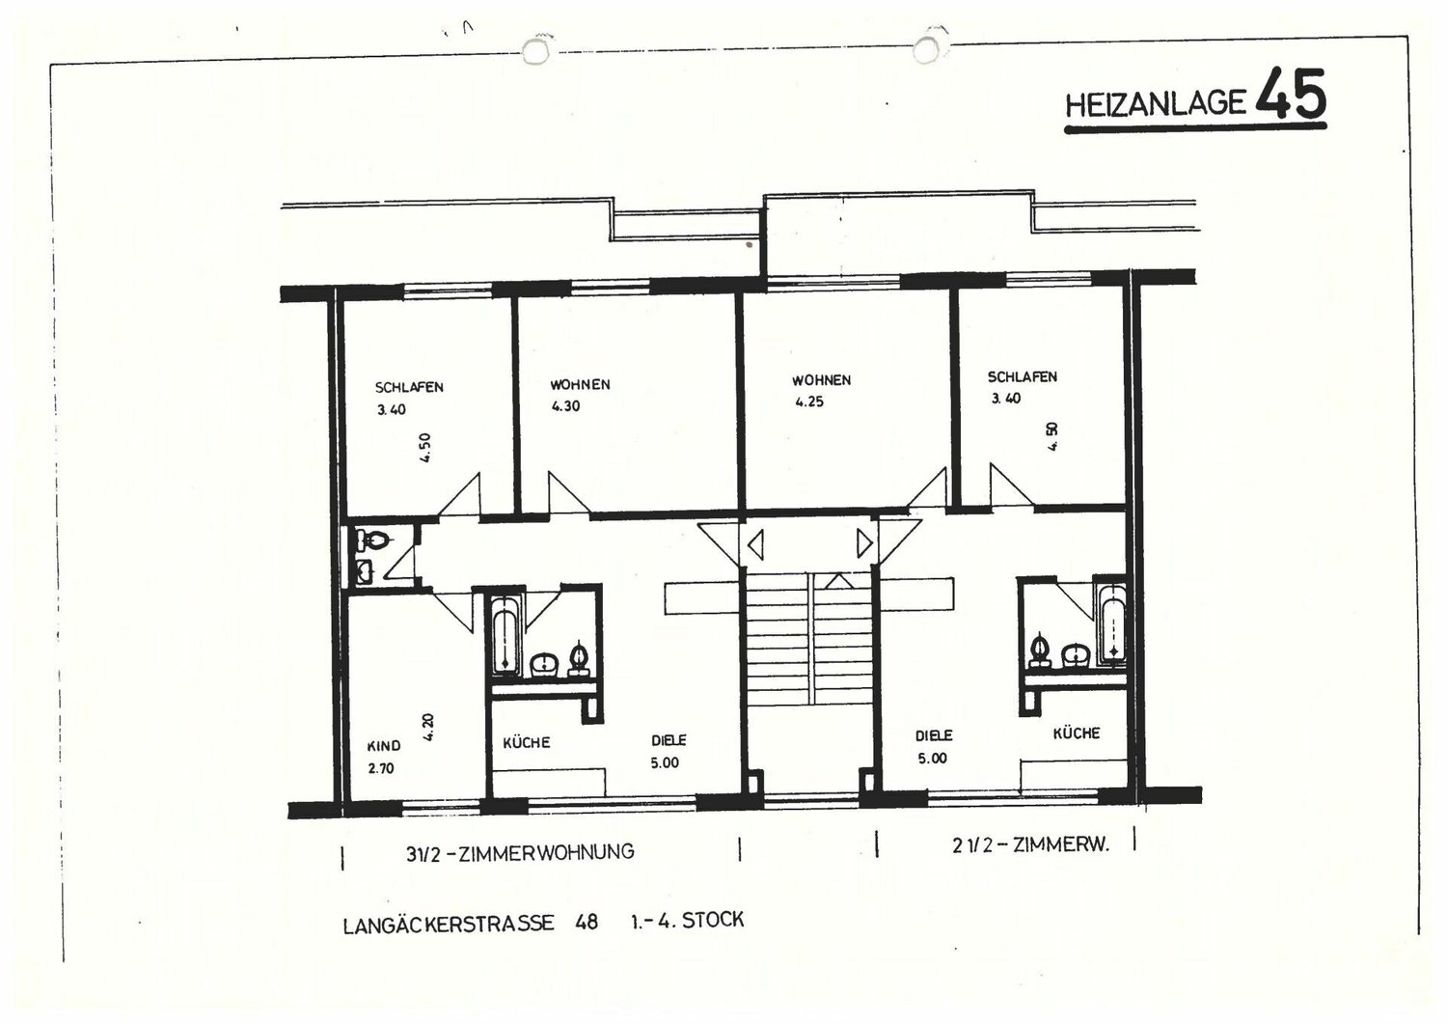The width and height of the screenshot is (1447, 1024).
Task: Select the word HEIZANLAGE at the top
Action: [1155, 104]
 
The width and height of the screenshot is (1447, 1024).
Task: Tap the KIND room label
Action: [384, 746]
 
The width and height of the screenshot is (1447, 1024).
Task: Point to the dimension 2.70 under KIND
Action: [381, 768]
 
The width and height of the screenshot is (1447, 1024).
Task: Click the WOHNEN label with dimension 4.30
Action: [580, 385]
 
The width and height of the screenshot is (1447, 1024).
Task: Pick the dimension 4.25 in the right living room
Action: [808, 401]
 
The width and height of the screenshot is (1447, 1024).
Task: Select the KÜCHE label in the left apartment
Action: [527, 743]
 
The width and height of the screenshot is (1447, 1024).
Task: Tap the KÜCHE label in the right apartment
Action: [1077, 733]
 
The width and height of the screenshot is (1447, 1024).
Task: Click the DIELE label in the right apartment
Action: [934, 735]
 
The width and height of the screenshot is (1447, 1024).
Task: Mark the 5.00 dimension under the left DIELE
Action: [665, 762]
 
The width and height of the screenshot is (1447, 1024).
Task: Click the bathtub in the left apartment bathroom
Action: [505, 635]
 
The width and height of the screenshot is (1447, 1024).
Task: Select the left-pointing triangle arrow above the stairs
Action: [755, 543]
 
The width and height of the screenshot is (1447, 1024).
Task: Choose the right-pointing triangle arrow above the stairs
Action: [864, 543]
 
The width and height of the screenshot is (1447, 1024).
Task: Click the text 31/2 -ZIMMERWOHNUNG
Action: [520, 852]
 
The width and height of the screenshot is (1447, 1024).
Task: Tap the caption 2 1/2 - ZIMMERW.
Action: [1030, 844]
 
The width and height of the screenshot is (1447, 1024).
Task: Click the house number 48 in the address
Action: [586, 922]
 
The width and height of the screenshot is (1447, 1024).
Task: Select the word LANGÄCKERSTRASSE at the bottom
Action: [449, 924]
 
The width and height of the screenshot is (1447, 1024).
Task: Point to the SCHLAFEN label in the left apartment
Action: [409, 387]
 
